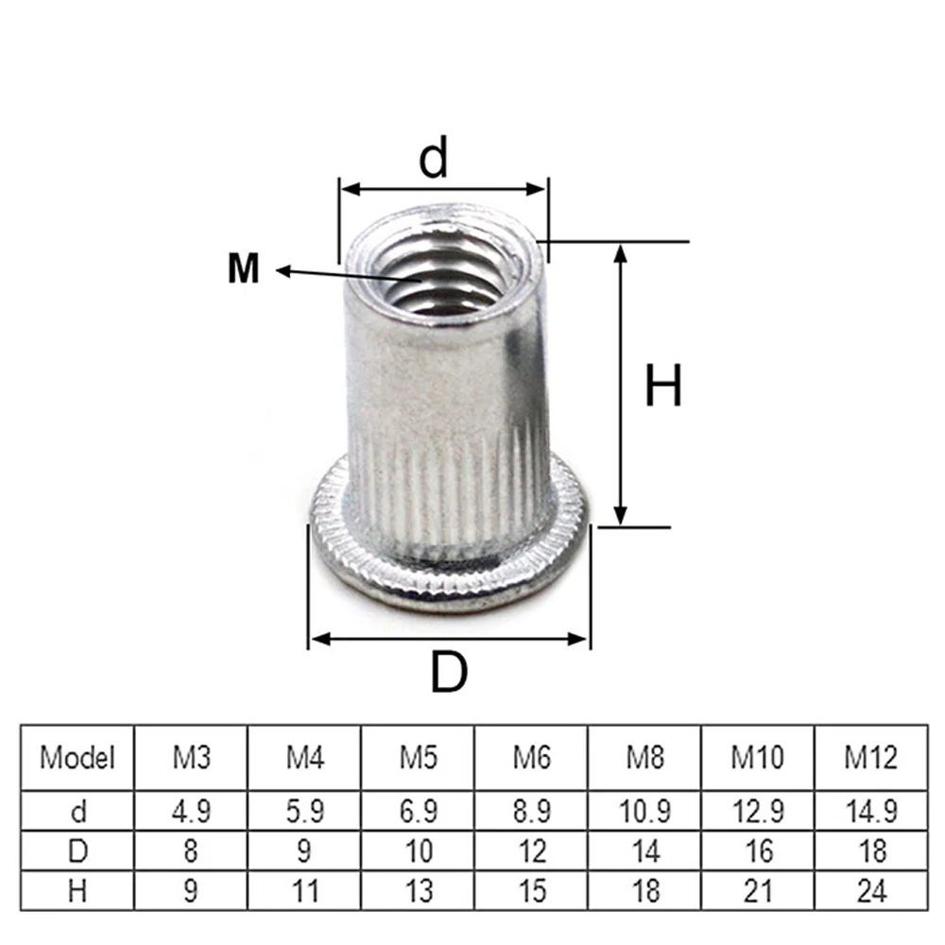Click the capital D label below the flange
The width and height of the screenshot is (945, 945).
[x=449, y=672]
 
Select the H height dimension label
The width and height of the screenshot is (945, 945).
[x=662, y=387]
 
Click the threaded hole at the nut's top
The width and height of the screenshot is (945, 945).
[x=442, y=274]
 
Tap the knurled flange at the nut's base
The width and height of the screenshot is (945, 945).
[x=449, y=576]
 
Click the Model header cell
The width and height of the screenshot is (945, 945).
[x=77, y=758]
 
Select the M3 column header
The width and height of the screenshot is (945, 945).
[x=191, y=758]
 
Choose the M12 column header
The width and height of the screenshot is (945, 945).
[x=870, y=758]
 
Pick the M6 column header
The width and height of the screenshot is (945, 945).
[x=531, y=758]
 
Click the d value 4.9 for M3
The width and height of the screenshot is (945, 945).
[x=191, y=811]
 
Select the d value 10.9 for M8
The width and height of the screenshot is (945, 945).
[x=644, y=811]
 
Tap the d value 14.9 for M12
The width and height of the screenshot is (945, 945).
[x=870, y=811]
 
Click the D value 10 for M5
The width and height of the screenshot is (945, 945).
[x=418, y=850]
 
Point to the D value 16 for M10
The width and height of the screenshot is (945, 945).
[x=758, y=850]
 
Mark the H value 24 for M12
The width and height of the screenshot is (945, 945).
[x=870, y=889]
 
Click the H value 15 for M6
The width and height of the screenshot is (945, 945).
[x=531, y=889]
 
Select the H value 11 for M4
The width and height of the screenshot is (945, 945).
[x=304, y=889]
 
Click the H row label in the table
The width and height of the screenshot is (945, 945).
[x=77, y=889]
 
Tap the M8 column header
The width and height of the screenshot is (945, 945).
[x=644, y=758]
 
